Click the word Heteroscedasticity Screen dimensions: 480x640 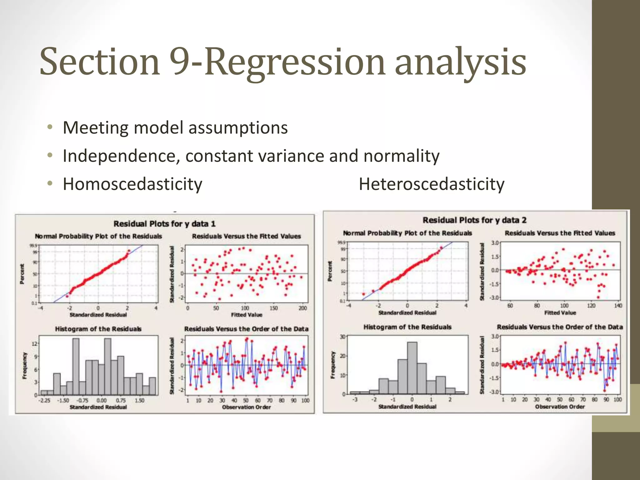[x=431, y=184]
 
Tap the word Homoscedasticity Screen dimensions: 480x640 [x=132, y=184]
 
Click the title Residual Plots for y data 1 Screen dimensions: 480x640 [x=164, y=224]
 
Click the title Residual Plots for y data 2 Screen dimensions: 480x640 [x=474, y=220]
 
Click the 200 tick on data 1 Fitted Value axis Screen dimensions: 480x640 [x=302, y=308]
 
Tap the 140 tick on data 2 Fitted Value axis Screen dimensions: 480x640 [x=618, y=306]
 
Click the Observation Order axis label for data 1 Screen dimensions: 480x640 [x=246, y=407]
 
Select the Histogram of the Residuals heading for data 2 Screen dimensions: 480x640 [x=407, y=327]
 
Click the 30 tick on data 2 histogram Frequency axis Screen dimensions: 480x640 [x=343, y=337]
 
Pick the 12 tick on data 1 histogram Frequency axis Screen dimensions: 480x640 [x=35, y=344]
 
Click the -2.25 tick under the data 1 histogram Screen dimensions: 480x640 [x=44, y=401]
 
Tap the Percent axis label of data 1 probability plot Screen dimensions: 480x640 [x=22, y=274]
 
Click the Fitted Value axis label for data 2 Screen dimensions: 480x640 [x=560, y=312]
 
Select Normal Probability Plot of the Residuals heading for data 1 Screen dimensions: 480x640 [x=98, y=236]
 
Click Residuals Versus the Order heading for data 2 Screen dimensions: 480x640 [x=560, y=327]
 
